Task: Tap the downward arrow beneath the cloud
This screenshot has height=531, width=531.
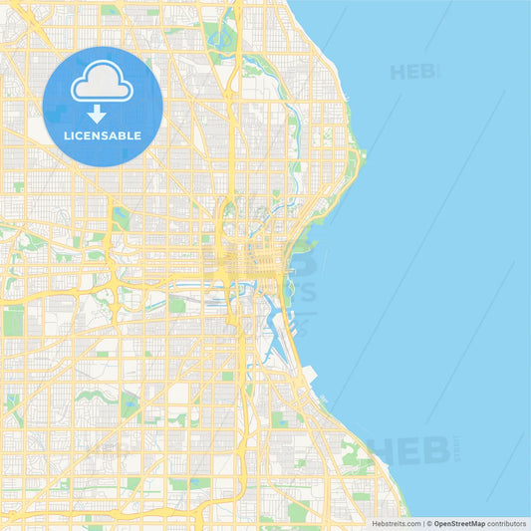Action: coord(97,114)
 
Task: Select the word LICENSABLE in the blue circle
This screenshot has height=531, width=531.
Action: coord(103,135)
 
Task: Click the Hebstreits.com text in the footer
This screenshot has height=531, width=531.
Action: coord(396,523)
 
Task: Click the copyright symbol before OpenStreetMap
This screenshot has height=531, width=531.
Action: coord(428,523)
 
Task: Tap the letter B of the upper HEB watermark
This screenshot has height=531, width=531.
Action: coord(429,72)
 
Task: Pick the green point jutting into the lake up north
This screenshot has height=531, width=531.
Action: coord(359,154)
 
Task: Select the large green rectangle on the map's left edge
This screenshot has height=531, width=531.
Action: coord(13,321)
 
